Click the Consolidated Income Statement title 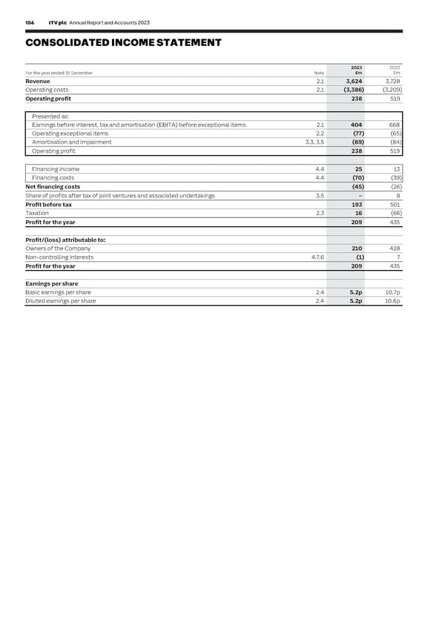click(123, 42)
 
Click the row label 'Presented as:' click(49, 116)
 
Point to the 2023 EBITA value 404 click(356, 125)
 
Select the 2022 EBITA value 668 click(394, 125)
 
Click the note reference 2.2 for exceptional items click(320, 134)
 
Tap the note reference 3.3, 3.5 click(314, 142)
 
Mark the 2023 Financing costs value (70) click(355, 178)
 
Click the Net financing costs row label click(53, 187)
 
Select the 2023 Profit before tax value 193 click(356, 204)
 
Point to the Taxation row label click(37, 213)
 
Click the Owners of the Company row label click(58, 248)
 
